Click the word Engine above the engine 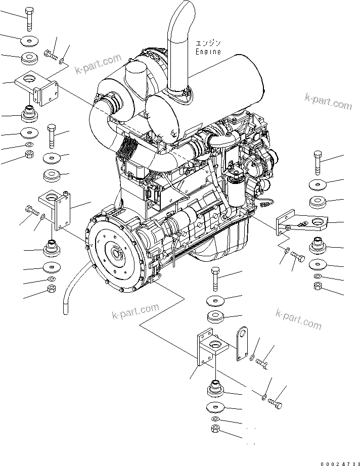(x=208, y=52)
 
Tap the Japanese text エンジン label (x=208, y=43)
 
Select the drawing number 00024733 (x=340, y=463)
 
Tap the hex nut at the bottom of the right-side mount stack (x=318, y=286)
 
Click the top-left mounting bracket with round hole (x=36, y=87)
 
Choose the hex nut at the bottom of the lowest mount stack (x=215, y=429)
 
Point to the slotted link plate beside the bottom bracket (x=242, y=344)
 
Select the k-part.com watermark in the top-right (x=328, y=102)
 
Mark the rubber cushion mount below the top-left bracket (x=29, y=113)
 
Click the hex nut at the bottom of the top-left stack (x=29, y=154)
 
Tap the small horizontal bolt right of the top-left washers (x=51, y=55)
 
